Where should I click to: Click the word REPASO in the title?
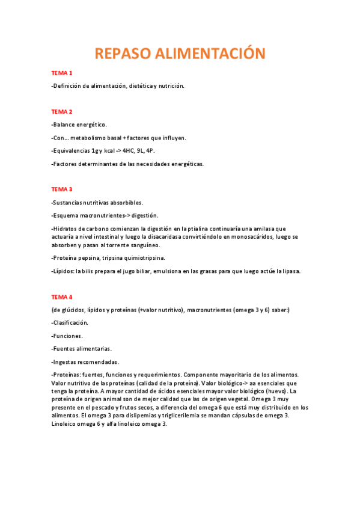coord(123,54)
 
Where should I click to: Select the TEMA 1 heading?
coord(62,73)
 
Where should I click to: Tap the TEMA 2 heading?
coord(62,112)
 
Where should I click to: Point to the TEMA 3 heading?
coord(62,189)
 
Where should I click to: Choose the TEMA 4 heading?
coord(62,297)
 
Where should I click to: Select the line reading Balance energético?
coord(79,124)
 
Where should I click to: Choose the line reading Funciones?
coord(67,336)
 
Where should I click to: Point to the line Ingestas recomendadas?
coord(85,361)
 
